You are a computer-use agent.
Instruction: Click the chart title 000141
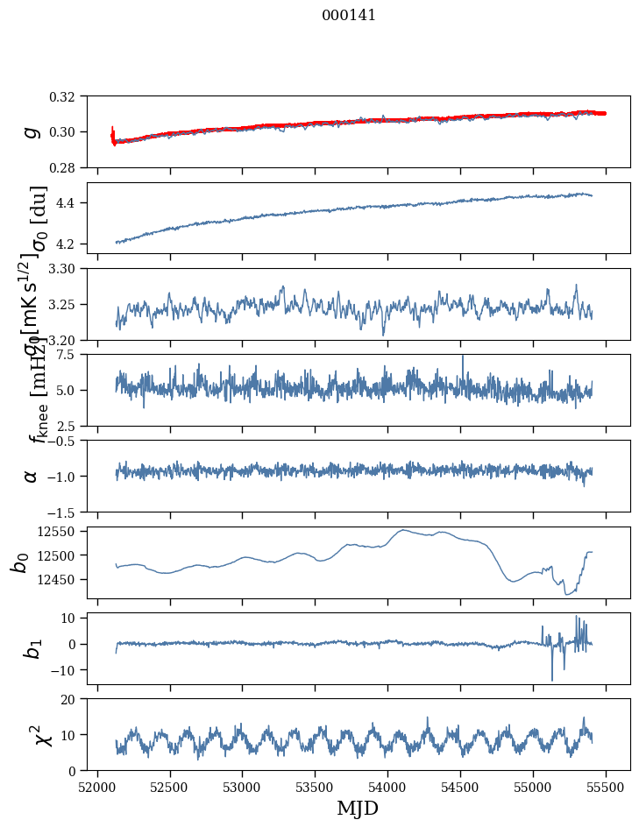[x=349, y=15]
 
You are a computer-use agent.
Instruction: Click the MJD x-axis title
[x=358, y=808]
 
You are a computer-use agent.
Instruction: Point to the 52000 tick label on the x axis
[x=97, y=786]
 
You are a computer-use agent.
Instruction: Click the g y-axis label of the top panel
[x=32, y=131]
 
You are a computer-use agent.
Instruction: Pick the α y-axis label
[x=32, y=476]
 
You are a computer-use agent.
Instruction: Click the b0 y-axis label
[x=20, y=562]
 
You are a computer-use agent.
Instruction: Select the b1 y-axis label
[x=32, y=648]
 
